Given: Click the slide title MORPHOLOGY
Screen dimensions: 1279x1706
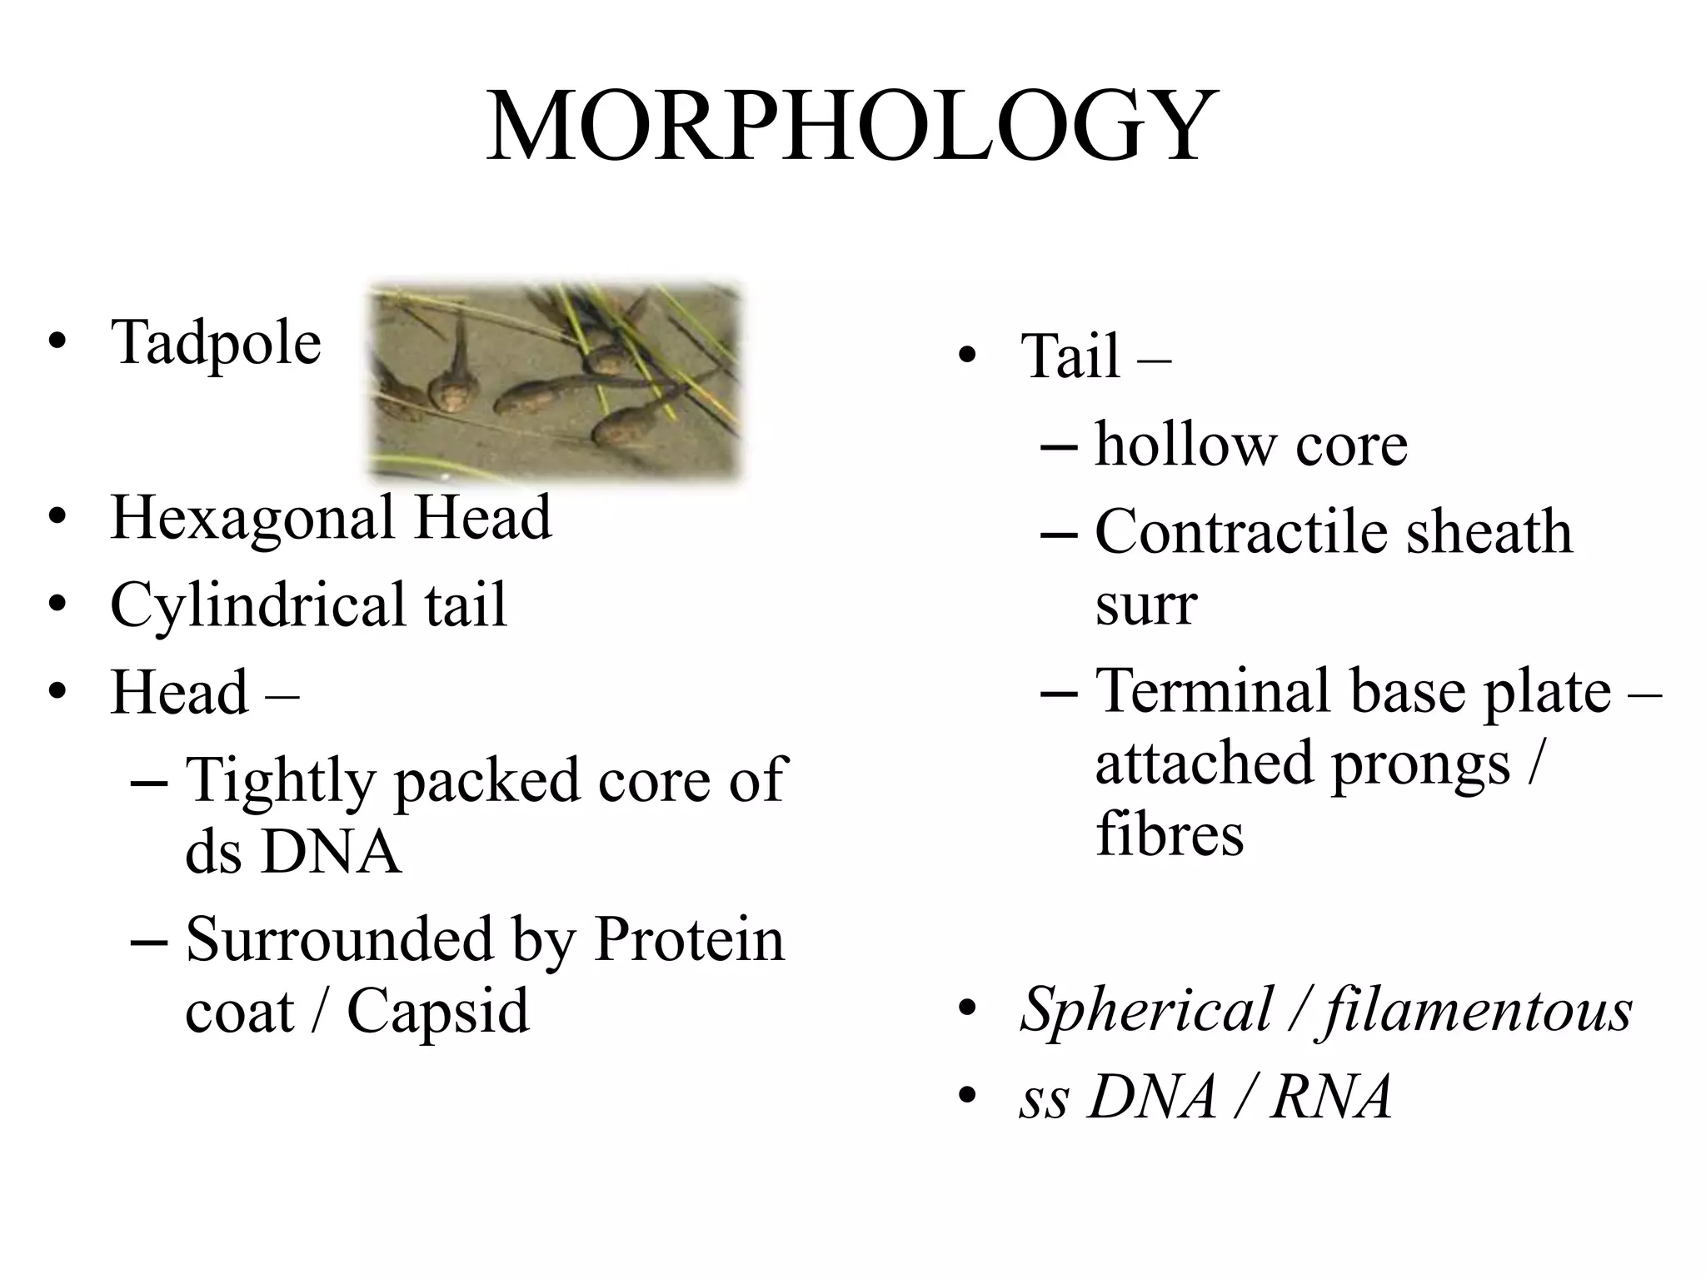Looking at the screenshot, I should (851, 127).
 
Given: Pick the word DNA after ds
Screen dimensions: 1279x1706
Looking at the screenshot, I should (331, 852).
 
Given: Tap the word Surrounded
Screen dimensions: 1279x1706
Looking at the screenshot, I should (340, 939).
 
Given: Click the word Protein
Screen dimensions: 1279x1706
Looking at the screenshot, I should (689, 939).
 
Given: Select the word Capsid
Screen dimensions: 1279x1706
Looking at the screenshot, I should (438, 1011).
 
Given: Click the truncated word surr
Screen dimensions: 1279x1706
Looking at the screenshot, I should (1145, 605).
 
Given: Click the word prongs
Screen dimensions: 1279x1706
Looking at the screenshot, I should (1420, 763).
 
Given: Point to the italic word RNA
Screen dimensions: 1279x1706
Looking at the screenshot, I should (1331, 1097).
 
